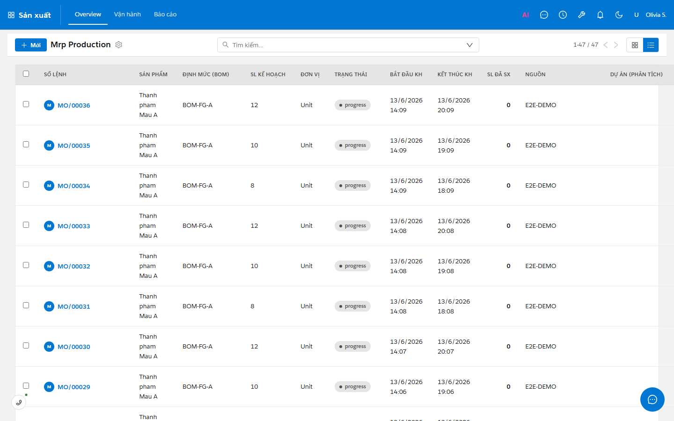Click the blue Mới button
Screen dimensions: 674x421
coord(31,45)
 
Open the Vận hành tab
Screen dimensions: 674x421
coord(127,14)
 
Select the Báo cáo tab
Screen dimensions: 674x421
coord(165,14)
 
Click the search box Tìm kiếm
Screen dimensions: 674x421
coord(348,45)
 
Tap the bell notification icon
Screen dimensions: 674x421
coord(600,15)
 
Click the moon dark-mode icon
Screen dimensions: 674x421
coord(619,15)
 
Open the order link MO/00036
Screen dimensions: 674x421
coord(74,105)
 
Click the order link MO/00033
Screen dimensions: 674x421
coord(74,226)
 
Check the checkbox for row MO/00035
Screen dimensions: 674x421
coord(26,145)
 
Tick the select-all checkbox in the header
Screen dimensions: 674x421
coord(26,74)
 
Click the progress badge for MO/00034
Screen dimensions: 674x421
coord(352,186)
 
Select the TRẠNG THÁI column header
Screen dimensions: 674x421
coord(351,74)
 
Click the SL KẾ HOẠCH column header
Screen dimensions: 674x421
coord(268,74)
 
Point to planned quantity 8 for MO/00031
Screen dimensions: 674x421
coord(252,306)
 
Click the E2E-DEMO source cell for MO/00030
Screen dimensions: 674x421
coord(541,347)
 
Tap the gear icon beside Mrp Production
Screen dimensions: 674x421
coord(119,45)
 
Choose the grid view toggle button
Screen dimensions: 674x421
coord(635,45)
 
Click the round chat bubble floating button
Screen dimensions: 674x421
coord(652,399)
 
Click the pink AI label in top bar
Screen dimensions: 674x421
coord(525,15)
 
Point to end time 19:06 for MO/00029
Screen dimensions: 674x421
coord(446,392)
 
